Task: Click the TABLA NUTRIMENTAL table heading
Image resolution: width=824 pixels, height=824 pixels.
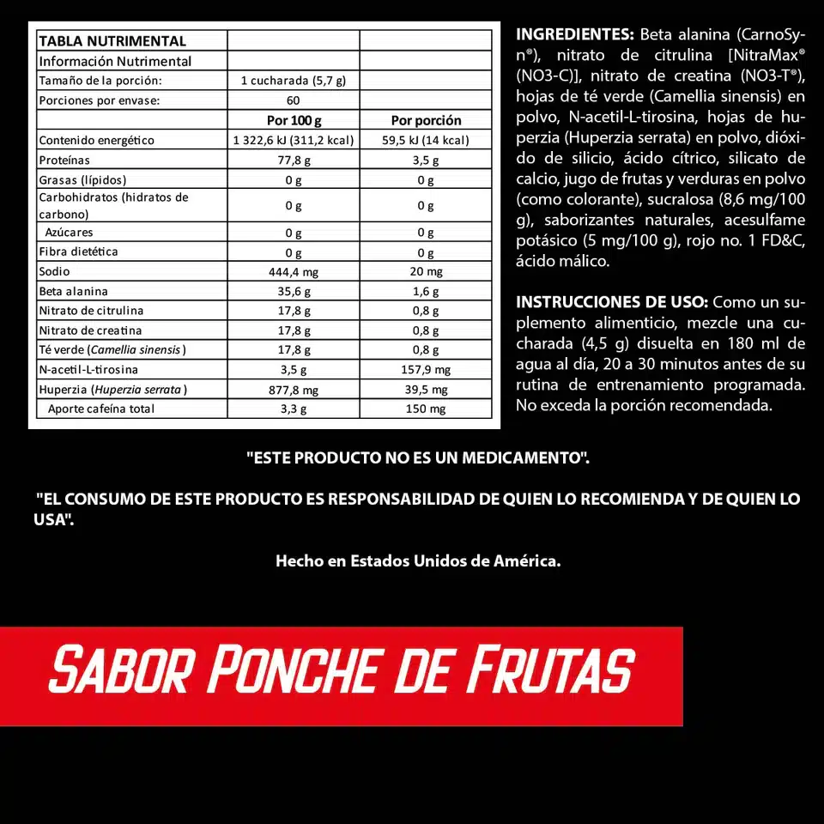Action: pos(112,41)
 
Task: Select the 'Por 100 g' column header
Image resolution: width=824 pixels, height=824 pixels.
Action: pos(294,120)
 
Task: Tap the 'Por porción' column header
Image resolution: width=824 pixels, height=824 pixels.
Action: pos(426,120)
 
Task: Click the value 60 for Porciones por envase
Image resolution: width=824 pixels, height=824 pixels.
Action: pos(294,100)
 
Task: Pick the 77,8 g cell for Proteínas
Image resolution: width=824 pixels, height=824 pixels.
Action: pos(294,161)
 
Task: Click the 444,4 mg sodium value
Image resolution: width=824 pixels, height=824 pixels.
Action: pos(294,272)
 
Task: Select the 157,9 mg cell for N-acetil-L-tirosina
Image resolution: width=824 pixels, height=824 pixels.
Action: pos(426,370)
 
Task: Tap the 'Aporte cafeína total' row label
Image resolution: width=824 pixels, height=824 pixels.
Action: pos(101,409)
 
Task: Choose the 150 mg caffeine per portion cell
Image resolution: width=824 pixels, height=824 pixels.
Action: pos(426,409)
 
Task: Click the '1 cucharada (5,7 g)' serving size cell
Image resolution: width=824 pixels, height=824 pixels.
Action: pos(294,81)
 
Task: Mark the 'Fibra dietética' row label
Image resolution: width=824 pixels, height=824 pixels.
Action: pos(78,251)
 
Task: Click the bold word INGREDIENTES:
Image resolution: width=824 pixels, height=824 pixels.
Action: pos(574,35)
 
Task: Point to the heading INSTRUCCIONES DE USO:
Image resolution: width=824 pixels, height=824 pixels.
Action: pos(612,302)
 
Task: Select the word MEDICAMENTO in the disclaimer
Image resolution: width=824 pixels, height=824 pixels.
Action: pos(524,458)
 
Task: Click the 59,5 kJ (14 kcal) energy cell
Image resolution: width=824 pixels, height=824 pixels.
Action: pos(426,141)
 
